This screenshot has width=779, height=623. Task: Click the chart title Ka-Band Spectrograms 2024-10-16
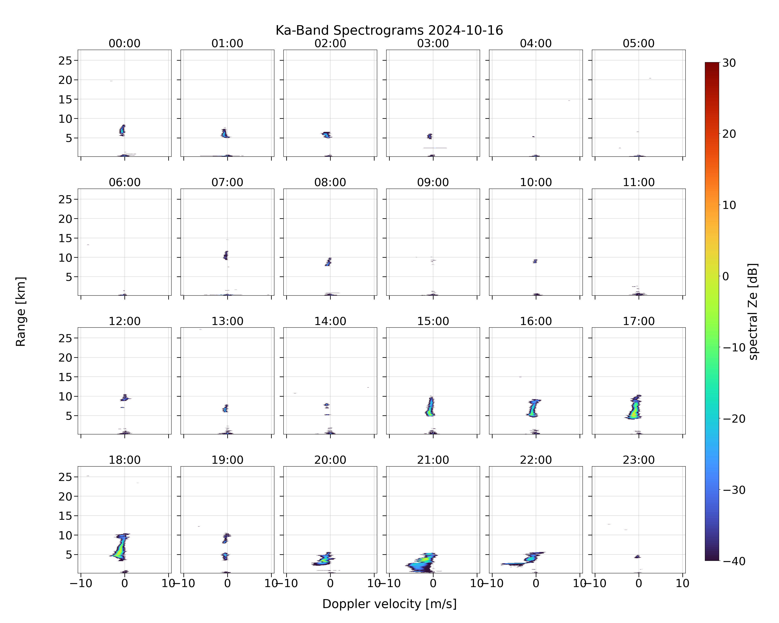click(389, 30)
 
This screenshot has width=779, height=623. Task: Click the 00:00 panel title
click(125, 43)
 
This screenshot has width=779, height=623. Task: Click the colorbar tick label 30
click(729, 63)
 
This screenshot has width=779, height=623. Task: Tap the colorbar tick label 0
click(726, 276)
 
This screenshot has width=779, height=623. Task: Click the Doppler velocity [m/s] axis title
click(389, 604)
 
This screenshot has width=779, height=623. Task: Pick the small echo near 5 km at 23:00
click(637, 557)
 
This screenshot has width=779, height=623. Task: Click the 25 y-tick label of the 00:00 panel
click(65, 61)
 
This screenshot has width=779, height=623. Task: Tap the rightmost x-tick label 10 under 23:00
click(683, 583)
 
